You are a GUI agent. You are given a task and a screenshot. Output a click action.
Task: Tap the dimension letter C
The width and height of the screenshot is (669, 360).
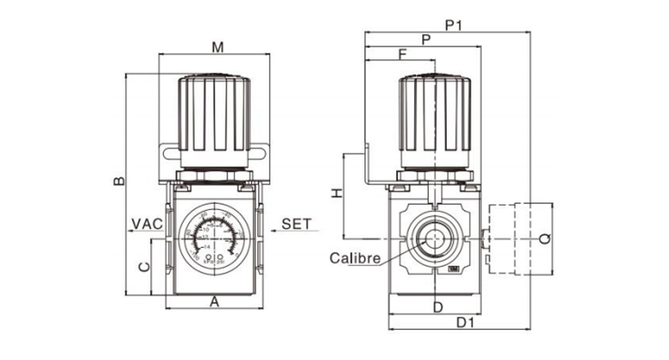[x=145, y=266]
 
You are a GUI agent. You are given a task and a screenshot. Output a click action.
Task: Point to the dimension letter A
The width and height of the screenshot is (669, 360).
[x=215, y=301]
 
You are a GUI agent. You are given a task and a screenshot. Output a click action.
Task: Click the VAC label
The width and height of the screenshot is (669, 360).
[x=147, y=224]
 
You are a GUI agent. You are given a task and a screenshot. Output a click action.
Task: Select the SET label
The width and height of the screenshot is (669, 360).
[x=296, y=224]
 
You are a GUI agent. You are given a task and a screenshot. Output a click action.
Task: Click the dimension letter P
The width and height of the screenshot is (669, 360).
[x=425, y=39]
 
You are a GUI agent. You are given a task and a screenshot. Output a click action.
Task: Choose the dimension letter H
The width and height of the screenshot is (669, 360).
[x=337, y=195]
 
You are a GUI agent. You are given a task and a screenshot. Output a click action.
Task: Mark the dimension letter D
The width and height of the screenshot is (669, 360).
[x=437, y=306]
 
